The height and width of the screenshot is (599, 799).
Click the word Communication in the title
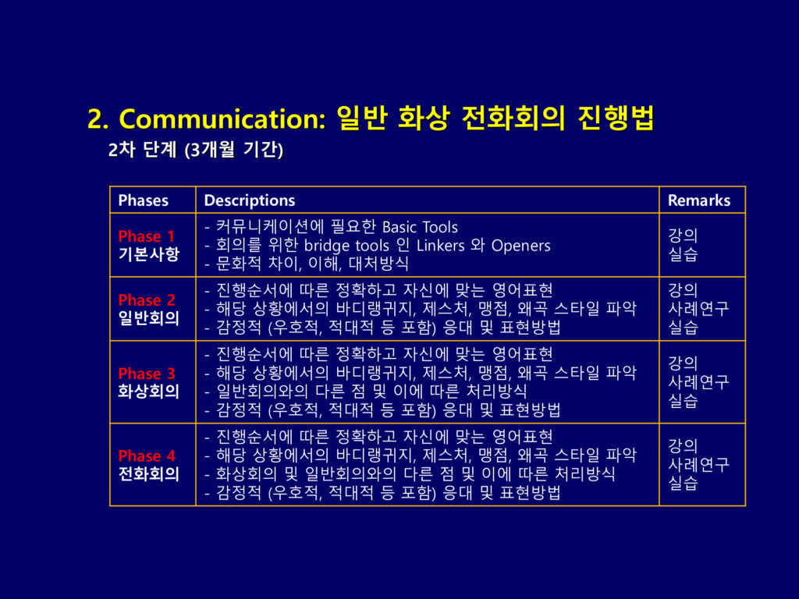(x=222, y=119)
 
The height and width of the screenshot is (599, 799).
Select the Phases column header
(x=144, y=200)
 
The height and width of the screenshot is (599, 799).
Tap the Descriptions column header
(x=249, y=200)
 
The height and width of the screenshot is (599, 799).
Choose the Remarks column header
(x=699, y=200)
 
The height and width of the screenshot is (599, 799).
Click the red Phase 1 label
(x=146, y=236)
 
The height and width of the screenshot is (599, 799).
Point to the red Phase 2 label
(x=146, y=299)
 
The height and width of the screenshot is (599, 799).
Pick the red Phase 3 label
(x=146, y=374)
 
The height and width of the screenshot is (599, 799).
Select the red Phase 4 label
(x=146, y=455)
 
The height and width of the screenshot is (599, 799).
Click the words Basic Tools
(x=420, y=227)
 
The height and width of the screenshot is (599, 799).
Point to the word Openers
(x=520, y=246)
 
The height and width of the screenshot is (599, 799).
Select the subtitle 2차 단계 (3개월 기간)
(x=196, y=150)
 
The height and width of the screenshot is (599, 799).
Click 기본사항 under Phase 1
(x=149, y=254)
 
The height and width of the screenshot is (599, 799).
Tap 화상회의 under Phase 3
(x=149, y=392)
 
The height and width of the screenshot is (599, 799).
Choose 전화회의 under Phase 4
(x=149, y=473)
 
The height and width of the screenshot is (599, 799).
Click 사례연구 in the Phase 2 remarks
(x=698, y=308)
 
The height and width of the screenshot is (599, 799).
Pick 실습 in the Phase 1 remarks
(x=683, y=253)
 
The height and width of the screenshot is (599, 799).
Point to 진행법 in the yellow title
(x=616, y=119)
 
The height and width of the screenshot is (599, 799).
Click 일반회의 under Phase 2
(x=149, y=318)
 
